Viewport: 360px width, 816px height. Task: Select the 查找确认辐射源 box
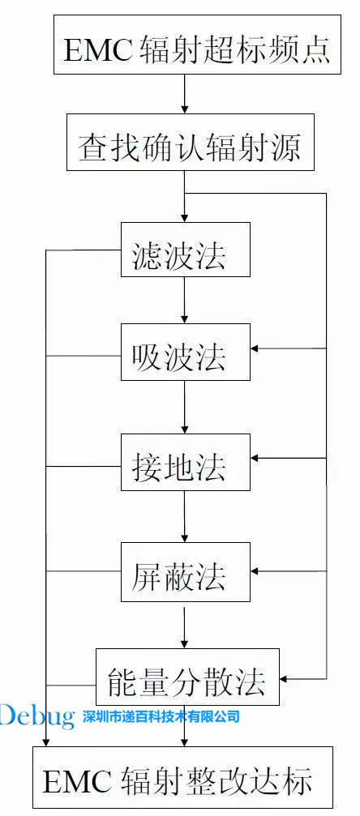coord(189,147)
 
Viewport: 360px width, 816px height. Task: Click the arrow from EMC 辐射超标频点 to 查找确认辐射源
coord(185,95)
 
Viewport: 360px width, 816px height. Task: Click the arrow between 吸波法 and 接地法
coord(185,407)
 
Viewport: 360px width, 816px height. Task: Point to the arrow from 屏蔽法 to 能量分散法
coord(185,625)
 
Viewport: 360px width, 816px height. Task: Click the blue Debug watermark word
coord(37,715)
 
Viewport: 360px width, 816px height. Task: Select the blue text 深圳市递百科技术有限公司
coord(161,716)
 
